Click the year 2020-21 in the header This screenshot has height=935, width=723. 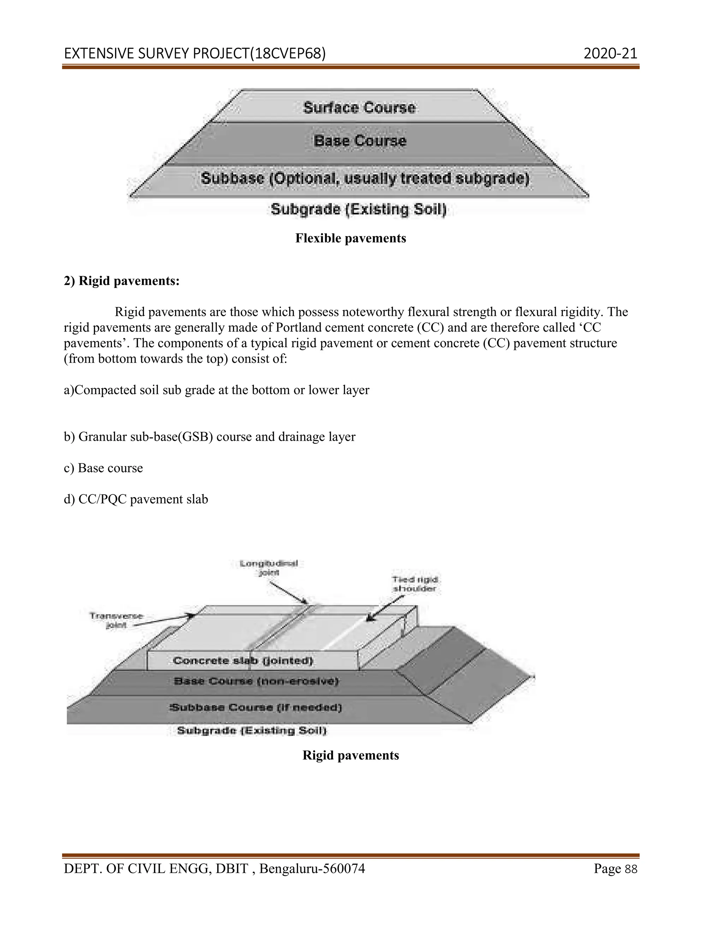pos(610,54)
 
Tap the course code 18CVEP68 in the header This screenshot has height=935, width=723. pos(287,54)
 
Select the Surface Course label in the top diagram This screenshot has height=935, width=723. pos(359,108)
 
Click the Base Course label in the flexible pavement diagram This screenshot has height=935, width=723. pos(360,140)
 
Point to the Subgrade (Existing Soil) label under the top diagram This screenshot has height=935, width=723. pos(359,209)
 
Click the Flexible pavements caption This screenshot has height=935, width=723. pos(350,238)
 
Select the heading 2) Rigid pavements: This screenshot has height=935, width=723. pos(122,281)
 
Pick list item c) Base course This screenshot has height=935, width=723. pos(103,468)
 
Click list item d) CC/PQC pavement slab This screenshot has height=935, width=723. pos(136,499)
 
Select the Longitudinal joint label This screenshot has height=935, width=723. pos(269,568)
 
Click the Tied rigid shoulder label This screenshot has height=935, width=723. pos(414,584)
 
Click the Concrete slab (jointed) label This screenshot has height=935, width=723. pos(243,660)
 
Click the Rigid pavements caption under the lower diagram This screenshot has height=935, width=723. pos(350,755)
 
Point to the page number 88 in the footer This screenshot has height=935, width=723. pos(631,869)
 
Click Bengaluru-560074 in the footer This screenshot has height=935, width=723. pos(312,869)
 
